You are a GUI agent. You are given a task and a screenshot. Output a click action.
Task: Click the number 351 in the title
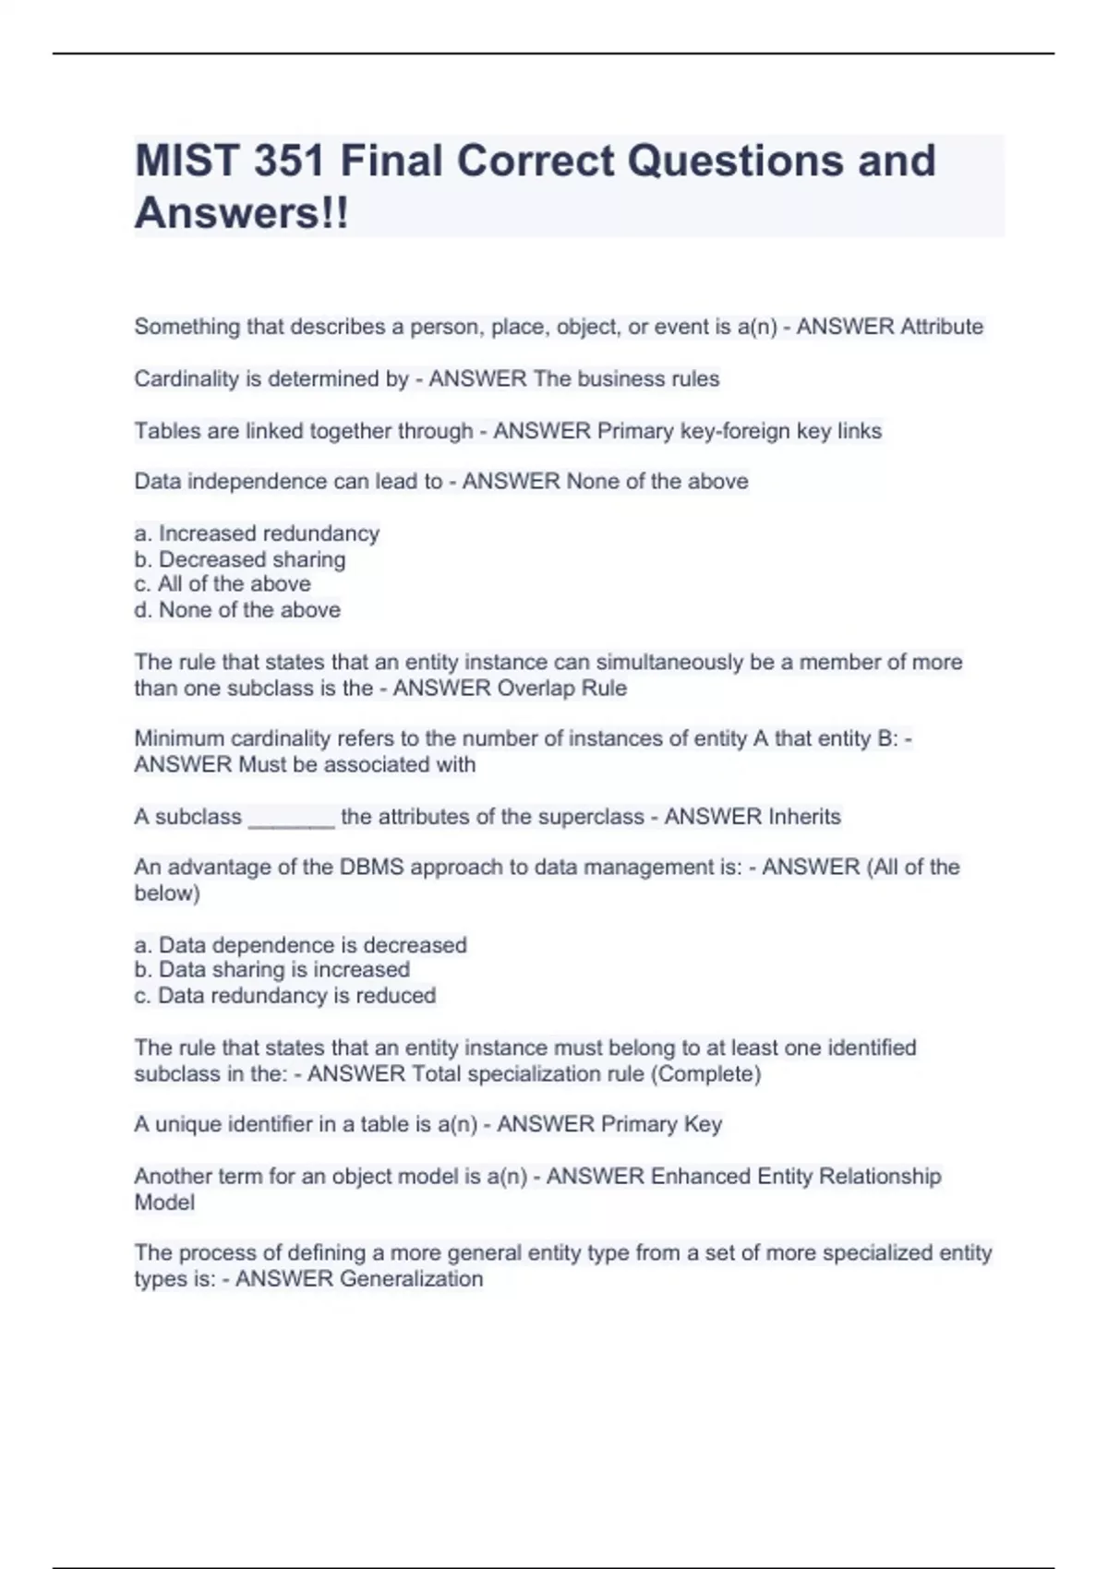(x=288, y=161)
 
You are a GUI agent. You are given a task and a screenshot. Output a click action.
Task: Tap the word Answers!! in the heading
(x=242, y=213)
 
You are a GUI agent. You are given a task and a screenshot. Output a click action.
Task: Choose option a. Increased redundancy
(x=257, y=533)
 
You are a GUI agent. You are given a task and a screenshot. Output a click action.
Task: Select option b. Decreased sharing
(x=240, y=559)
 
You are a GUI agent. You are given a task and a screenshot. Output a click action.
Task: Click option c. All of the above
(x=223, y=584)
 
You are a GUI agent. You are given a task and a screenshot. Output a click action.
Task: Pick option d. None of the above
(x=237, y=610)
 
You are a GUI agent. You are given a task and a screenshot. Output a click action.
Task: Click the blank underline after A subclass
(x=291, y=818)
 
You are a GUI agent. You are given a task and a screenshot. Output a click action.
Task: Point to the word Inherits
(x=798, y=817)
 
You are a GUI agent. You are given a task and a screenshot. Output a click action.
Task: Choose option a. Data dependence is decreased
(x=300, y=945)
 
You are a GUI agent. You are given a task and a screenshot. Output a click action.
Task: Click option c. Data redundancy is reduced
(x=284, y=996)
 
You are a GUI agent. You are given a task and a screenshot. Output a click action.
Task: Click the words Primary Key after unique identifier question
(x=661, y=1124)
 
